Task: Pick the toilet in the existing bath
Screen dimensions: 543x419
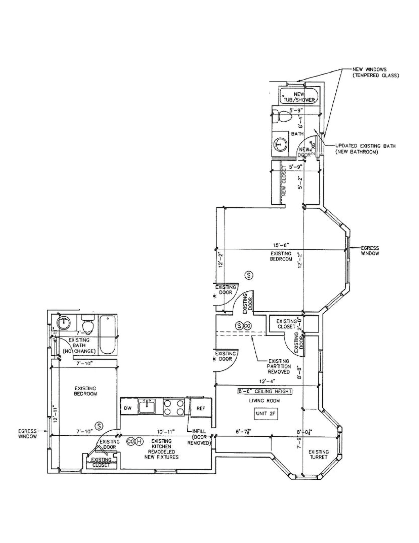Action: [87, 322]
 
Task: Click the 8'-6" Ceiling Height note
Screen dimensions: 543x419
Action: [264, 391]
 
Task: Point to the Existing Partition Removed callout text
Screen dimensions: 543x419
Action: [279, 366]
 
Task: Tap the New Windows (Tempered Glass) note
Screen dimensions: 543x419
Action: [375, 72]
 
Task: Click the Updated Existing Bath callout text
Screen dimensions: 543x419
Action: [365, 149]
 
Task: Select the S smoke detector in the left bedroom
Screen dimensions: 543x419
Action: [99, 426]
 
